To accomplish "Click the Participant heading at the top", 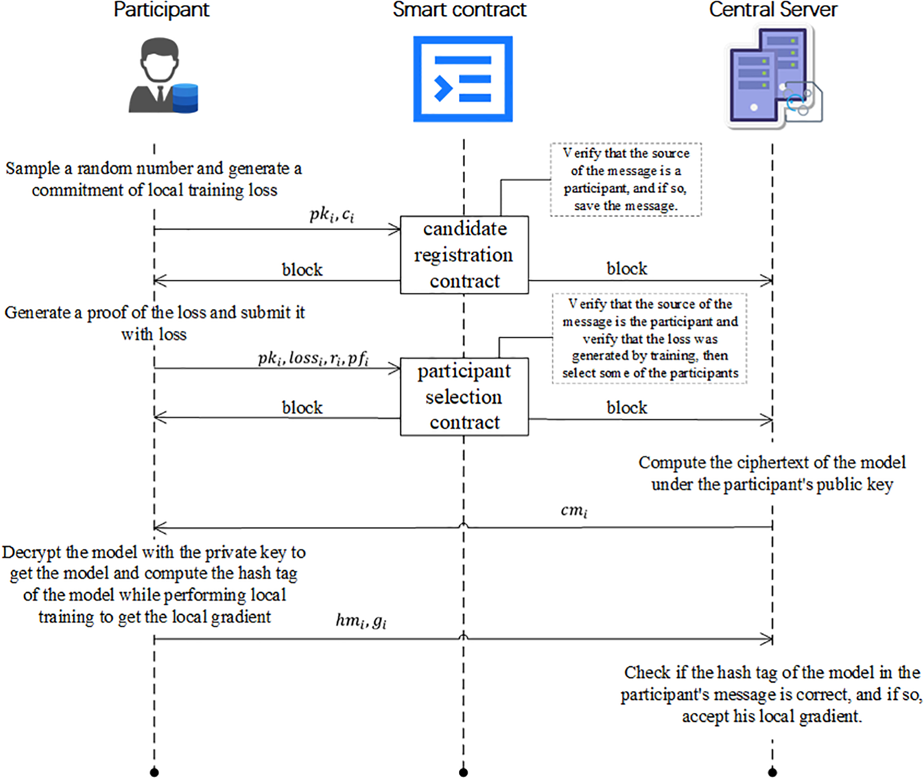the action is coord(161,10).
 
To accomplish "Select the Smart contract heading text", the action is coord(460,9).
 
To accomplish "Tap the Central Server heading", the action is coord(773,9).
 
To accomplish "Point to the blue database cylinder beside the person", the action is coord(185,98).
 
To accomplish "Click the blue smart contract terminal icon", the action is coord(463,79).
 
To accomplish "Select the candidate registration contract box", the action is coord(464,255).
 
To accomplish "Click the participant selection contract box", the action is coord(464,397).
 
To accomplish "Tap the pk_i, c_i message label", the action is coord(332,215).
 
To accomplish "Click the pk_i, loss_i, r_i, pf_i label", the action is coord(313,359).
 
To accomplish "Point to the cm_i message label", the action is coord(574,511).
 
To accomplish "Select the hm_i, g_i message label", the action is coord(361,621).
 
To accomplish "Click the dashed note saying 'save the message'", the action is coord(626,180).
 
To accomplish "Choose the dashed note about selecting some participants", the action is coord(650,338).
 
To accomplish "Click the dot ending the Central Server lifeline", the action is coord(772,772).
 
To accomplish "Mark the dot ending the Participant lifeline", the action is coord(154,772).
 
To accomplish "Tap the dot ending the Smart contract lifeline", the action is coord(463,772).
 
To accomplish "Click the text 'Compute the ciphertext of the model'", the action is coord(772,462).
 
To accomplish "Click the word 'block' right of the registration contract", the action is coord(627,269).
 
